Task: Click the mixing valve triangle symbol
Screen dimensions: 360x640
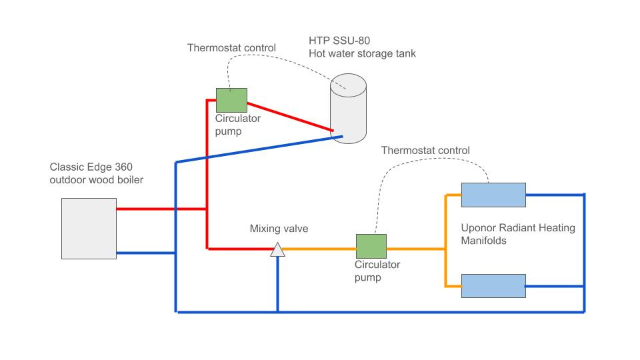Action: (x=277, y=250)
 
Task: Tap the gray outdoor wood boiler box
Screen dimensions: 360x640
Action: (x=89, y=229)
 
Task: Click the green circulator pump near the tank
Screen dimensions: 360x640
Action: (x=231, y=100)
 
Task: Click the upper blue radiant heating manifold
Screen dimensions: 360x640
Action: (x=493, y=195)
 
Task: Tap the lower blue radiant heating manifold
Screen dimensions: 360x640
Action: (x=493, y=286)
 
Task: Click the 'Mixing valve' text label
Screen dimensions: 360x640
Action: (x=279, y=229)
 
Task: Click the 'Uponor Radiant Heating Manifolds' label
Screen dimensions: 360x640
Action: (x=518, y=234)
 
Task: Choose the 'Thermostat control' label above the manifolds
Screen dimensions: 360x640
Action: (x=425, y=151)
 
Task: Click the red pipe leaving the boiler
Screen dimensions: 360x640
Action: (x=160, y=209)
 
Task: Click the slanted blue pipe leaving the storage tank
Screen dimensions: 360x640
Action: (x=260, y=149)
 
